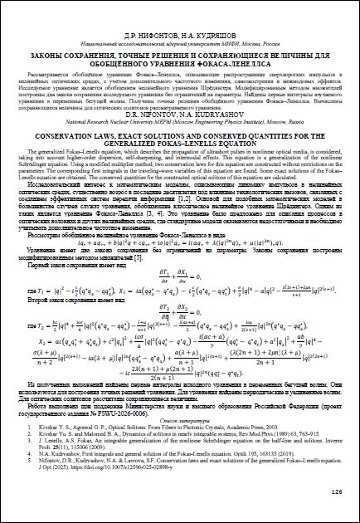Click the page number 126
coord(336,491)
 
